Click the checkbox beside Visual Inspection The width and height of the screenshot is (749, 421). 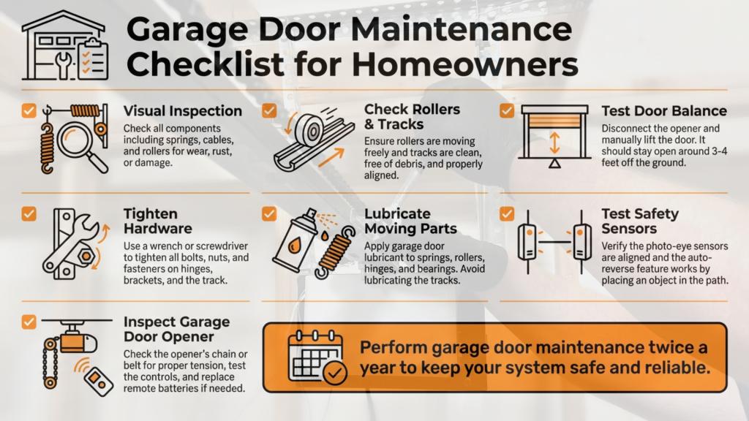pos(29,110)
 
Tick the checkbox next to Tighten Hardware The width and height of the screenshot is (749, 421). pos(29,213)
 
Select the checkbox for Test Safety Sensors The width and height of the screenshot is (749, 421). pos(507,213)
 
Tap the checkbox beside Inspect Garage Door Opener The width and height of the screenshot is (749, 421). pos(29,322)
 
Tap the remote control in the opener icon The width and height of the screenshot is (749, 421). pos(99,381)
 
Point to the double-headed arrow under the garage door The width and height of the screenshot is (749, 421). pos(554,143)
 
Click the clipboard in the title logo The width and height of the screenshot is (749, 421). pos(93,59)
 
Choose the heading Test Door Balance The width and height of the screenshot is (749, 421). pos(664,111)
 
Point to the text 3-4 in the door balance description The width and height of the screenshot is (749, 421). pos(718,151)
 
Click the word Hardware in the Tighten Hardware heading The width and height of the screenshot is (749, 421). pos(158,229)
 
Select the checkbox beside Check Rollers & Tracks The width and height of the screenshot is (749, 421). pos(269,110)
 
